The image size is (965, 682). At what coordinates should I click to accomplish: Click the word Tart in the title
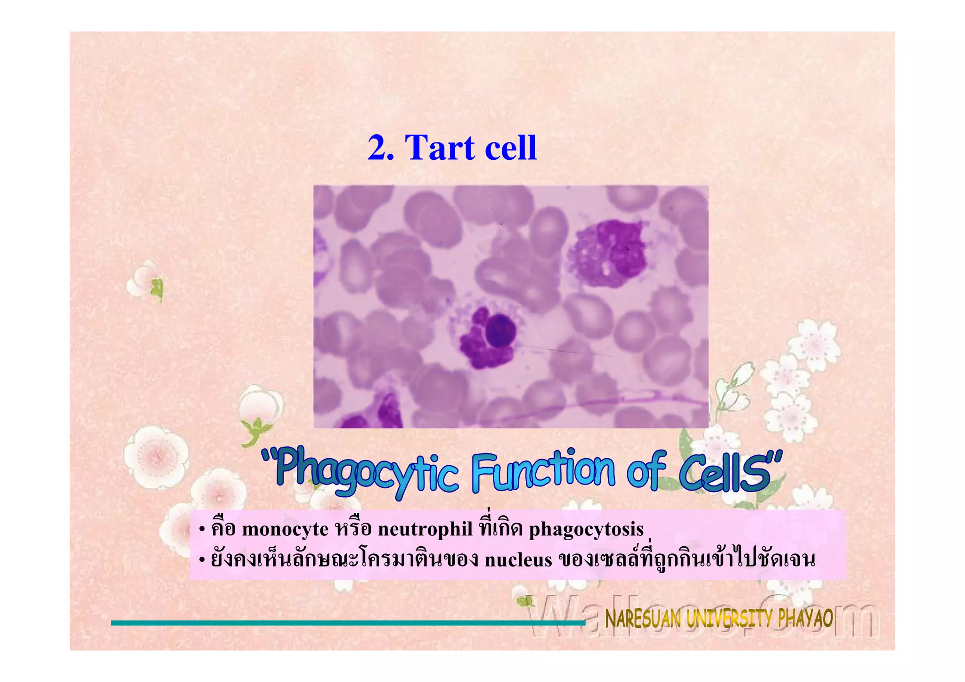click(x=440, y=148)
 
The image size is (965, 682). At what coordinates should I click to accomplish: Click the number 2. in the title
click(x=381, y=148)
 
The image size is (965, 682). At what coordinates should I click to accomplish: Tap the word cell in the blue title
click(x=510, y=148)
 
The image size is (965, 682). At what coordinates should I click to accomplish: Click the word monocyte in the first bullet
click(x=285, y=530)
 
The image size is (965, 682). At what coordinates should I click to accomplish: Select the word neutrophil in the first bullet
click(x=425, y=530)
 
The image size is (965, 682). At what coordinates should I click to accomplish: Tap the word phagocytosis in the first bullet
click(x=586, y=530)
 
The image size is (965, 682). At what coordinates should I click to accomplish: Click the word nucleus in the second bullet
click(x=518, y=560)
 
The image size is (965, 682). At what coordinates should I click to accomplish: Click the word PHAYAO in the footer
click(x=805, y=618)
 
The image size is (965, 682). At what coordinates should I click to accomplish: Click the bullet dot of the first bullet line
click(x=202, y=530)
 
